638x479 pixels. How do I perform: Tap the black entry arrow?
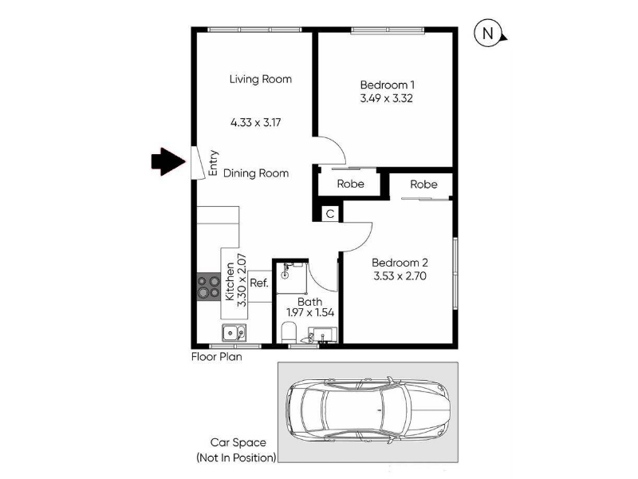[x=168, y=162]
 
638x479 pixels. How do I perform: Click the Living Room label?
[x=261, y=79]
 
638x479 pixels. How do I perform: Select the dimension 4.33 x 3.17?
[x=255, y=122]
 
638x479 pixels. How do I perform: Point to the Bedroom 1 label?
[x=388, y=85]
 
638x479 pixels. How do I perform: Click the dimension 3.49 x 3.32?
[x=387, y=98]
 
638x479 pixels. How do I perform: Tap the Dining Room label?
[x=256, y=173]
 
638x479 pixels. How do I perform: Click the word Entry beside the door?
[x=213, y=164]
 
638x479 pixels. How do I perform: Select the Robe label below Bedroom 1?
[x=350, y=184]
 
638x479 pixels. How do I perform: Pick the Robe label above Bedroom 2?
[x=423, y=184]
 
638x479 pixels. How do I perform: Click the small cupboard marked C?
[x=330, y=214]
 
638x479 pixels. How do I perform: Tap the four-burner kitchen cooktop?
[x=209, y=287]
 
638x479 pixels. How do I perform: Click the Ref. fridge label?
[x=259, y=283]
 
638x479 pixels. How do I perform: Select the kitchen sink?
[x=234, y=333]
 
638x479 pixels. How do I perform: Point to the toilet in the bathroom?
[x=289, y=332]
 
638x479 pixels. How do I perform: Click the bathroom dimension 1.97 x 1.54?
[x=310, y=312]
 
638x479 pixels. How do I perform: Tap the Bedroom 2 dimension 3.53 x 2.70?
[x=400, y=275]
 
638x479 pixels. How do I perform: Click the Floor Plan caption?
[x=216, y=357]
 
